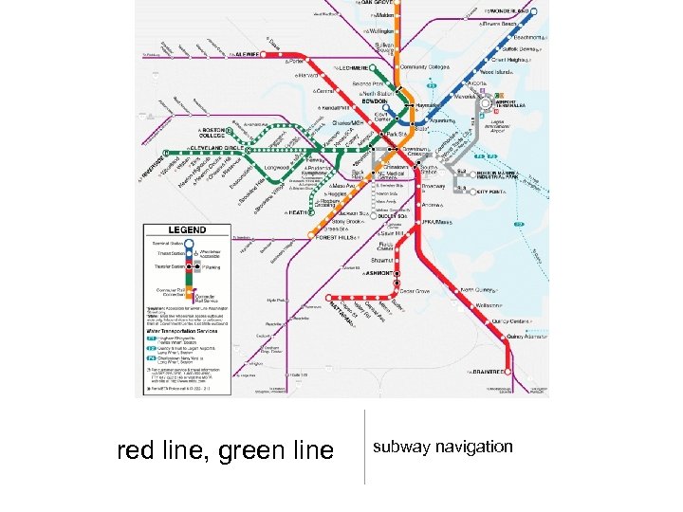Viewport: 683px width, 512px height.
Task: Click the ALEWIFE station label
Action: coord(251,55)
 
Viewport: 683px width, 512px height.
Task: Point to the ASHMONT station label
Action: coord(378,272)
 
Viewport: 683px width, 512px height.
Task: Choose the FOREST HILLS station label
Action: coord(335,238)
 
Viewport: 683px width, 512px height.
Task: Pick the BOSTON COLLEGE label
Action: coord(214,132)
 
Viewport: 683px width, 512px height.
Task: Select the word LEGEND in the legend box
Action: coord(187,230)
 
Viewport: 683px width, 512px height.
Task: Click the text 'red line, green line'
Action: coord(225,448)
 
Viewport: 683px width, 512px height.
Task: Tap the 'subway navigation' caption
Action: coord(442,447)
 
